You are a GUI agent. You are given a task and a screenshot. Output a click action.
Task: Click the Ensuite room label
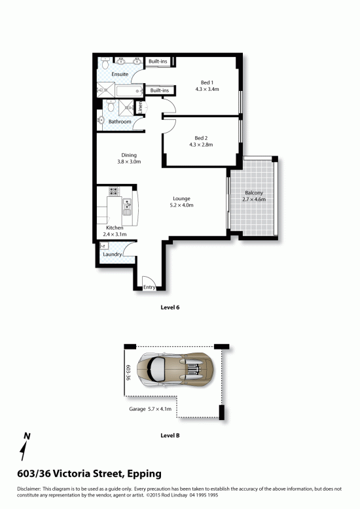pyautogui.click(x=120, y=75)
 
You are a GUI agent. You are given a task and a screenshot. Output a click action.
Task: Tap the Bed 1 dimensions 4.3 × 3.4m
pyautogui.click(x=207, y=89)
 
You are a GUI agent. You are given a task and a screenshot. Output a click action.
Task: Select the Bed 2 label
pyautogui.click(x=201, y=138)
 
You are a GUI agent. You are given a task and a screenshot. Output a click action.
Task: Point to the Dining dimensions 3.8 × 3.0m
pyautogui.click(x=129, y=162)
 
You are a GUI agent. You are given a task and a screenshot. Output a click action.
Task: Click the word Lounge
pyautogui.click(x=181, y=199)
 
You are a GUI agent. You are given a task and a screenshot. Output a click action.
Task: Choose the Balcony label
pyautogui.click(x=254, y=193)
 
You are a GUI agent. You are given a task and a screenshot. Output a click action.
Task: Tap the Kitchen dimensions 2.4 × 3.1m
pyautogui.click(x=115, y=234)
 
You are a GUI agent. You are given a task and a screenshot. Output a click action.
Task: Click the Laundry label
pyautogui.click(x=113, y=254)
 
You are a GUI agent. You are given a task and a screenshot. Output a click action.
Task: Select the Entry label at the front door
pyautogui.click(x=149, y=287)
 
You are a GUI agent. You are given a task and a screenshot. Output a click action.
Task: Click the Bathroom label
pyautogui.click(x=120, y=122)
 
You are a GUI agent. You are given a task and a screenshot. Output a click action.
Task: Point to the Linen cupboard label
pyautogui.click(x=140, y=107)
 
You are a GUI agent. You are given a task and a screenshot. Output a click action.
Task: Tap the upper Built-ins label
pyautogui.click(x=158, y=61)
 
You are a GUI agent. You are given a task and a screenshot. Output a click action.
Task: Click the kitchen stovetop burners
pyautogui.click(x=114, y=191)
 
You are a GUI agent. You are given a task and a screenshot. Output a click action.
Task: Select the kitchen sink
pyautogui.click(x=126, y=207)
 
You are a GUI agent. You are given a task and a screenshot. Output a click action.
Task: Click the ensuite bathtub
pyautogui.click(x=130, y=91)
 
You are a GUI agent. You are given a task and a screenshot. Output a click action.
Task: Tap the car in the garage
pyautogui.click(x=175, y=370)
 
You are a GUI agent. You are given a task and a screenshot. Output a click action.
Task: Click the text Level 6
pyautogui.click(x=170, y=307)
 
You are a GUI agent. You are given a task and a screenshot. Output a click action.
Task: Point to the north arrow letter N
pyautogui.click(x=27, y=436)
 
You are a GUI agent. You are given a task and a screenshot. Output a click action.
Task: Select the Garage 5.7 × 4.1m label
pyautogui.click(x=150, y=409)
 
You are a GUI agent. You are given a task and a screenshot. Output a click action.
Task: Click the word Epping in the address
pyautogui.click(x=144, y=474)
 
